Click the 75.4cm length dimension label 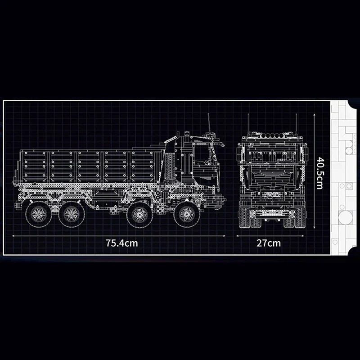(x=121, y=243)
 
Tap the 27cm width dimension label (x=268, y=243)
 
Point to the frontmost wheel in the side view (x=186, y=215)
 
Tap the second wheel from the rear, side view (x=70, y=215)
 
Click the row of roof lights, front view (x=272, y=135)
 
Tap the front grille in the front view (x=272, y=180)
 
